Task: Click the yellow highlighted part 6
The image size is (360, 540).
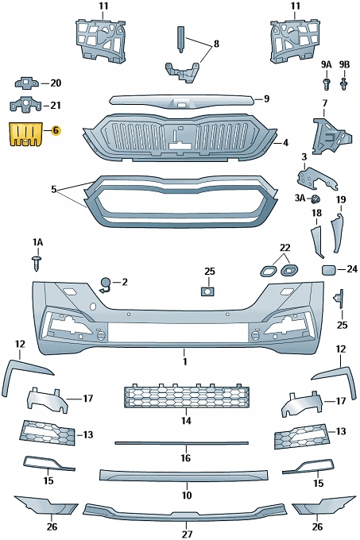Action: pos(25,133)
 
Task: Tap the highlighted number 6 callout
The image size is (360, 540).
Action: pos(55,129)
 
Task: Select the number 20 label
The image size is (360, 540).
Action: pos(55,83)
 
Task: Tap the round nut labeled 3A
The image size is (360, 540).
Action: pos(316,199)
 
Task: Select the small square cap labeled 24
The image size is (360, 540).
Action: pos(328,270)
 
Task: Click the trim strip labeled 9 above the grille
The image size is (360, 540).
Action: pos(183,100)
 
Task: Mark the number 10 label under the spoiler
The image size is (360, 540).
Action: pos(186,495)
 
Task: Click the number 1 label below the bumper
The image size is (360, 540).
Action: pos(184,363)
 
